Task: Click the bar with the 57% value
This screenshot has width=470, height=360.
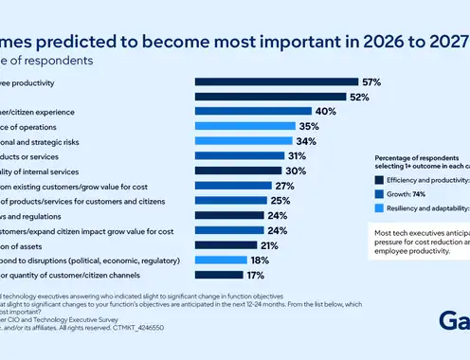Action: (x=276, y=81)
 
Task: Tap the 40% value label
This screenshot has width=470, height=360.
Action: (x=327, y=111)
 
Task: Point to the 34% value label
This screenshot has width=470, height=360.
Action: (x=306, y=141)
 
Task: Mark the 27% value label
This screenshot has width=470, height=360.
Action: (x=285, y=186)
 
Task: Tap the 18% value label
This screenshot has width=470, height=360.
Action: (x=261, y=260)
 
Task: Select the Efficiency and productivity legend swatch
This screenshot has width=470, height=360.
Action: (x=379, y=178)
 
